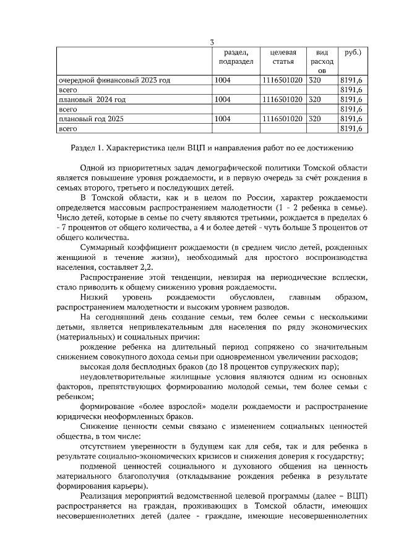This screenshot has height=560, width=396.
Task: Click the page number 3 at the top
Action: point(212,42)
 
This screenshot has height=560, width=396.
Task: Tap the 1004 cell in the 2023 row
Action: point(223,80)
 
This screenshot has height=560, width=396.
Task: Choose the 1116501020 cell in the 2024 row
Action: point(282,99)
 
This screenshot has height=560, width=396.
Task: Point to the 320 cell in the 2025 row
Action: point(315,118)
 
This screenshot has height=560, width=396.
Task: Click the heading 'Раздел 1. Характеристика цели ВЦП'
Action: point(212,149)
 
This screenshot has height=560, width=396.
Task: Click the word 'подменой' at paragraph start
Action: point(99,465)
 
